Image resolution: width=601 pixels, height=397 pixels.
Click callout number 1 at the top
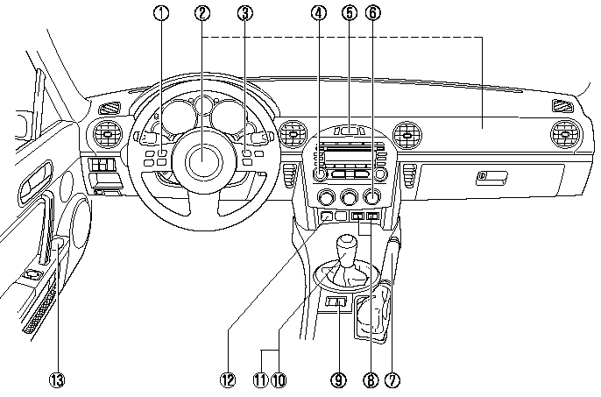click(x=160, y=13)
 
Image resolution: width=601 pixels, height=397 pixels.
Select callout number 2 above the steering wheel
click(x=203, y=13)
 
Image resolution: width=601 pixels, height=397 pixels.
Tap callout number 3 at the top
click(x=244, y=13)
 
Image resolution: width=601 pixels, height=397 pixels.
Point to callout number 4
click(x=318, y=13)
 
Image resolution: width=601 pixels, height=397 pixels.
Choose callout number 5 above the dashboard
click(x=350, y=13)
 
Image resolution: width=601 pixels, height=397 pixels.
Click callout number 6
click(x=376, y=13)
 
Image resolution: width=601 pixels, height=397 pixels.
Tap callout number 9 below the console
click(x=338, y=380)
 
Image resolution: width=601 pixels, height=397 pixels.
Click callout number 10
click(x=279, y=380)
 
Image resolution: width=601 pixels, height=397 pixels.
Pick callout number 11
click(x=260, y=380)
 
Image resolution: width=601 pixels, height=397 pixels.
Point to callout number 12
click(x=229, y=380)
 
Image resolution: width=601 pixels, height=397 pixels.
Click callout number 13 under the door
click(x=57, y=380)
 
